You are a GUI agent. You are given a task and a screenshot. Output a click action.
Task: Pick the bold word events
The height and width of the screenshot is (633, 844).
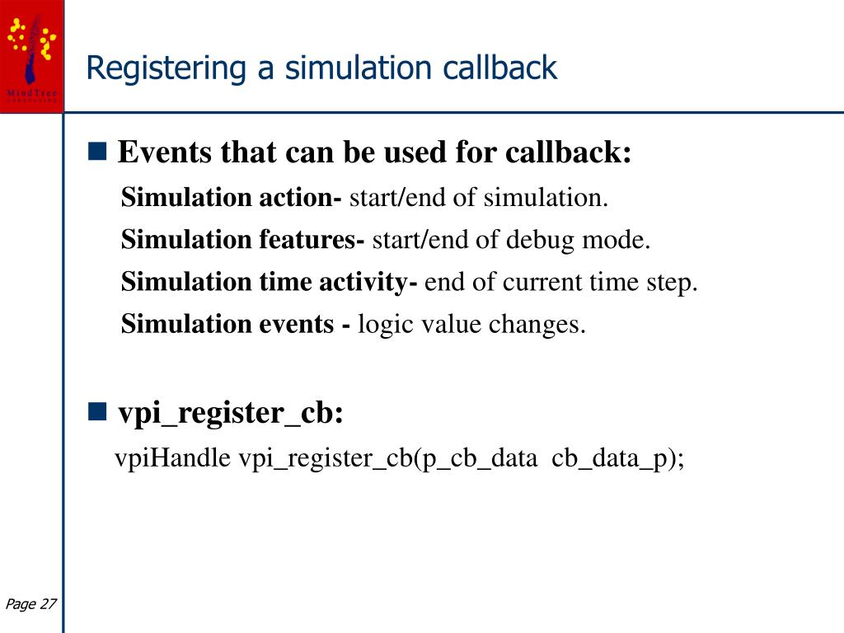pyautogui.click(x=294, y=324)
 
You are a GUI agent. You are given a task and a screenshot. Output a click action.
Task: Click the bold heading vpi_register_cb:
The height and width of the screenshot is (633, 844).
pyautogui.click(x=230, y=413)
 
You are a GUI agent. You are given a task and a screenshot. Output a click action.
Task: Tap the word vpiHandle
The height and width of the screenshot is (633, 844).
pyautogui.click(x=173, y=458)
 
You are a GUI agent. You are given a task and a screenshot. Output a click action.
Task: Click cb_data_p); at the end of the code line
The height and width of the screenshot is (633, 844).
pyautogui.click(x=618, y=459)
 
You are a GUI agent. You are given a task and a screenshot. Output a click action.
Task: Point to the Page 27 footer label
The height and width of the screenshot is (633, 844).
pyautogui.click(x=30, y=604)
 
